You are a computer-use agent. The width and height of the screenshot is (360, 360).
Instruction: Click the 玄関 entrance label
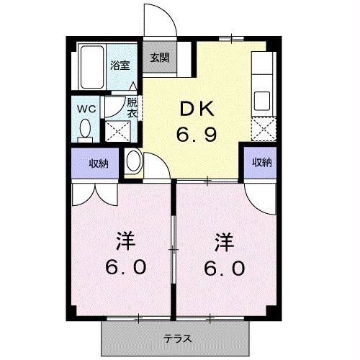(160, 58)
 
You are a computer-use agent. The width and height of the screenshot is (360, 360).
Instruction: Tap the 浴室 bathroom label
(120, 66)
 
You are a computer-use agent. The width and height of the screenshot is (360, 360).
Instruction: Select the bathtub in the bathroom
(92, 67)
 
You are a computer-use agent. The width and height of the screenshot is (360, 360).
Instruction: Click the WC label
(86, 109)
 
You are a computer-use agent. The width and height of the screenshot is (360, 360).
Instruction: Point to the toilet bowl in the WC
(85, 129)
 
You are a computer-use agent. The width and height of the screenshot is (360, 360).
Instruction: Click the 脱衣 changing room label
(132, 107)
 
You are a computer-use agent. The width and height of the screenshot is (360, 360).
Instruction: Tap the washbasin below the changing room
(133, 161)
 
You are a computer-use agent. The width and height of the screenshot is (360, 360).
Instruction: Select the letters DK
(197, 109)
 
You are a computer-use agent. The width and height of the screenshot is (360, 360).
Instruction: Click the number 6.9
(197, 135)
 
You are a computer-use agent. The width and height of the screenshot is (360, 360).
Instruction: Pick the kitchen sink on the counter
(262, 101)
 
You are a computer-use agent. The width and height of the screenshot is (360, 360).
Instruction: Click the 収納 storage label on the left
(99, 163)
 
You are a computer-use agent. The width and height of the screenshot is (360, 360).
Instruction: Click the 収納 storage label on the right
(262, 163)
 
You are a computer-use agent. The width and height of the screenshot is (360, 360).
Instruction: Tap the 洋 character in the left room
(125, 241)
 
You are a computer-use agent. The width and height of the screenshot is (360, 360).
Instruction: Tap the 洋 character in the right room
(224, 243)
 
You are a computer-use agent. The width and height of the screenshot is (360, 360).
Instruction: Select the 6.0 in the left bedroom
(126, 267)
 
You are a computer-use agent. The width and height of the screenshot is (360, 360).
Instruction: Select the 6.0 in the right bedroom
(225, 268)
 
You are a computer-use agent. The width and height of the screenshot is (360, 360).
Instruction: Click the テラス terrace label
(178, 339)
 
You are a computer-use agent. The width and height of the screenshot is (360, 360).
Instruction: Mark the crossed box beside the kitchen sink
(263, 129)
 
